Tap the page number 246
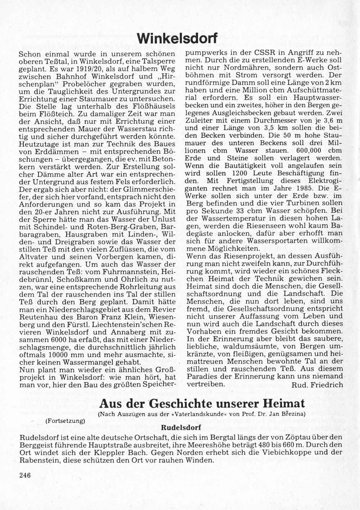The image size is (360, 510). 25,475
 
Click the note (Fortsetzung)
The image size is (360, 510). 65,420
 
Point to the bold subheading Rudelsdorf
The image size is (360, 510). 181,428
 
